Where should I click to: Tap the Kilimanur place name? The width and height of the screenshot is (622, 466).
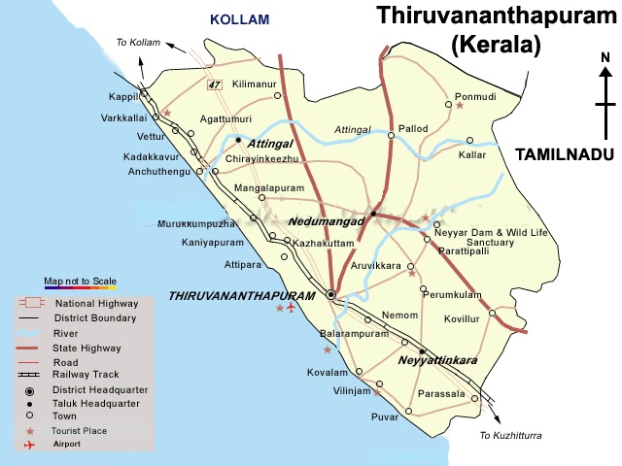pos(256,85)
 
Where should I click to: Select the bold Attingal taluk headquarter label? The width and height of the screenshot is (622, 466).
pos(269,143)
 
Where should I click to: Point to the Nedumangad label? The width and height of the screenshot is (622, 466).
pos(326,221)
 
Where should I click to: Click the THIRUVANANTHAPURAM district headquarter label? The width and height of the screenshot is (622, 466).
pos(242,295)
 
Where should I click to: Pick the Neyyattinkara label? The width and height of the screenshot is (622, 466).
pos(437,360)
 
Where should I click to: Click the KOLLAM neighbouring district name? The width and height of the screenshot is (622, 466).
pos(240,18)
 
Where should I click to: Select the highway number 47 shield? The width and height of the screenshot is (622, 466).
pos(215,85)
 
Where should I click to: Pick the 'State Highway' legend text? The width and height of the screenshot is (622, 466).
pos(80,346)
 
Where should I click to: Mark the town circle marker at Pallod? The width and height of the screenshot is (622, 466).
pos(391,136)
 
